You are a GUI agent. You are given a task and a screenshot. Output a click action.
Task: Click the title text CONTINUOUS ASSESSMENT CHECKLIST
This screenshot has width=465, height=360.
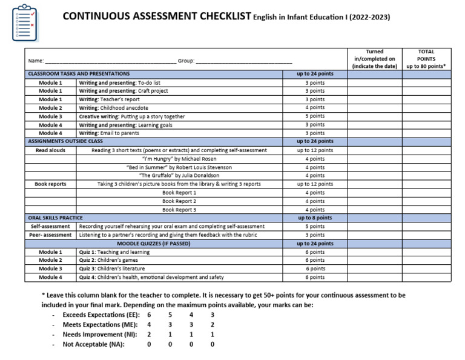(157, 16)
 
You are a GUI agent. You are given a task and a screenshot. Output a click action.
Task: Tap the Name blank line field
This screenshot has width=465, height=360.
(110, 61)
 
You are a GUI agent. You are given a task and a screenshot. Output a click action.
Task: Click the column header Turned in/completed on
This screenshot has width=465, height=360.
(375, 59)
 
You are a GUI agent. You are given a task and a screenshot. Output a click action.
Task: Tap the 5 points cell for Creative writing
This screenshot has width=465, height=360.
(315, 116)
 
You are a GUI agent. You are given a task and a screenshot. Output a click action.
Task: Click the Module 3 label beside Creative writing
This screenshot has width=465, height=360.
(50, 116)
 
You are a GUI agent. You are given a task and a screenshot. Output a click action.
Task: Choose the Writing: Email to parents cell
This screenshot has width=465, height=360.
(109, 133)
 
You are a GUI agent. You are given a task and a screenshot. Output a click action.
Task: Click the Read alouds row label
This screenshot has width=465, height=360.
(50, 150)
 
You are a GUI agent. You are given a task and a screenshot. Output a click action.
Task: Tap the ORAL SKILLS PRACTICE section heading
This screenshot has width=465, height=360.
(56, 218)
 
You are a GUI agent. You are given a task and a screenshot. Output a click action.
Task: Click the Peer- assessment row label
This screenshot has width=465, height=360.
(51, 235)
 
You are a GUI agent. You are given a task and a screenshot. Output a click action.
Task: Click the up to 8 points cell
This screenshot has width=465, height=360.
(315, 218)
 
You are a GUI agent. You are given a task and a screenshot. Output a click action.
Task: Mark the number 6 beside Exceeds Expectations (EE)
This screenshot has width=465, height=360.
(149, 315)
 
